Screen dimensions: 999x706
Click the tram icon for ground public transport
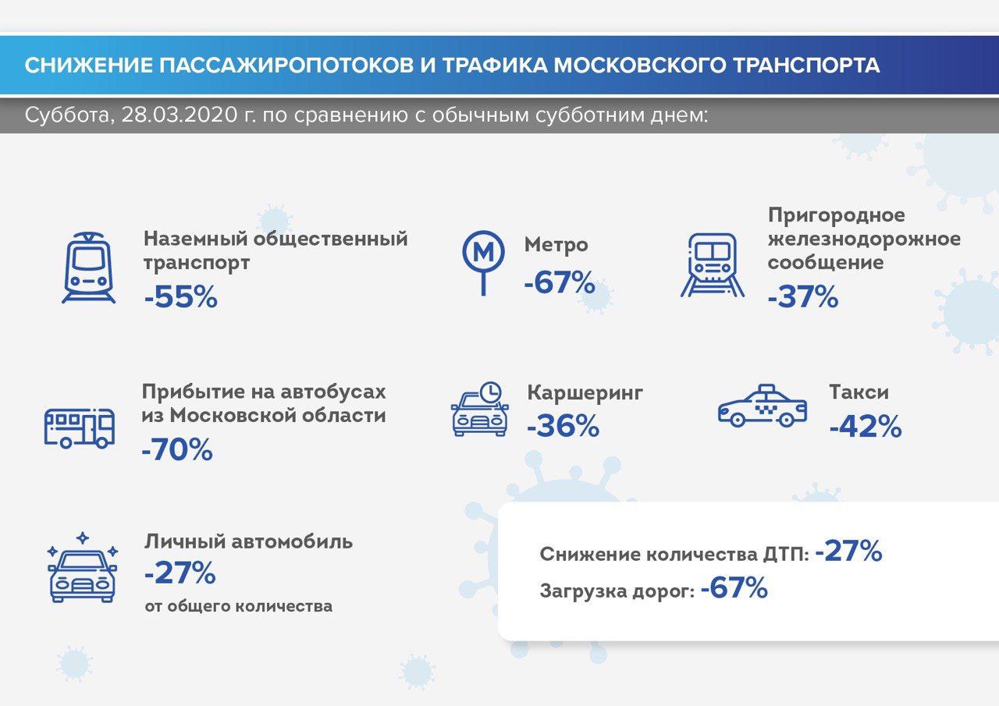[89, 268]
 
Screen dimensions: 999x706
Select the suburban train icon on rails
[713, 264]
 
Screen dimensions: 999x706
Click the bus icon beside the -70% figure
[80, 428]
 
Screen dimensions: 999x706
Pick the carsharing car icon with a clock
[480, 409]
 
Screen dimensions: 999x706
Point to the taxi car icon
[763, 405]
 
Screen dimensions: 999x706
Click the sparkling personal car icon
[82, 567]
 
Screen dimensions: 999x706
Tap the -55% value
[181, 297]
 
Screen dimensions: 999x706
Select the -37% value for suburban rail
[803, 297]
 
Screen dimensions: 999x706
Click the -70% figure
[177, 449]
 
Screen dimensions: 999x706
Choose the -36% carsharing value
[563, 426]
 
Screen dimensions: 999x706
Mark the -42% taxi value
[866, 426]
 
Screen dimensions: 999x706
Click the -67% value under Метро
[560, 282]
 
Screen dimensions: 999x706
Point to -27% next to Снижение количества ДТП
[848, 551]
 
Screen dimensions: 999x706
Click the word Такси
[859, 392]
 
